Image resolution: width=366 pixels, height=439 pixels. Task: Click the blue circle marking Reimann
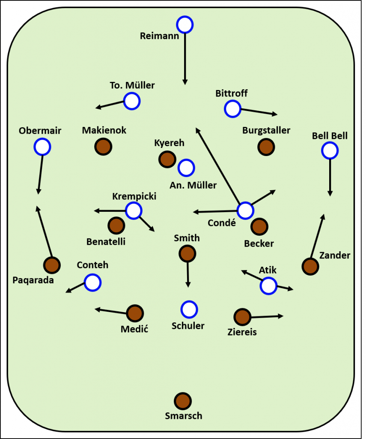[185, 24]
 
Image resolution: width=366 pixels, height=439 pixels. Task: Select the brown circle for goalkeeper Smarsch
[183, 401]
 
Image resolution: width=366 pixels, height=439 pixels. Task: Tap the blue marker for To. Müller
[132, 102]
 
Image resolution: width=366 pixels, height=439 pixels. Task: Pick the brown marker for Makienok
[103, 147]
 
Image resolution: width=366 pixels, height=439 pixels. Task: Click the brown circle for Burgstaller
[266, 147]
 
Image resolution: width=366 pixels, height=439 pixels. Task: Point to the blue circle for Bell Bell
[330, 150]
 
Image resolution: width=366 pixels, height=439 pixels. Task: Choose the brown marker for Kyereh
[167, 159]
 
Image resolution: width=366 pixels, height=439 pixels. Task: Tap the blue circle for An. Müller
[186, 168]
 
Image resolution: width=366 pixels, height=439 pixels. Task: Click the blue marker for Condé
[245, 210]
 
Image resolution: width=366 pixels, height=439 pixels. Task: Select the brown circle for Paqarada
[52, 265]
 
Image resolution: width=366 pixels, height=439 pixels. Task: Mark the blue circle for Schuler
[189, 309]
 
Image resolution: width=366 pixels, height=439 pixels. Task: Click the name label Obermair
[40, 131]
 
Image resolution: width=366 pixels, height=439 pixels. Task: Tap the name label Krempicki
[134, 196]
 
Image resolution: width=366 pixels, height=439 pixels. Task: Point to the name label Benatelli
[106, 241]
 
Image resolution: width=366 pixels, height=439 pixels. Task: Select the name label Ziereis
[242, 331]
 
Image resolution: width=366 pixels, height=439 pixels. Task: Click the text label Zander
[335, 256]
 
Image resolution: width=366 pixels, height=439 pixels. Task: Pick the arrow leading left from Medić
[111, 310]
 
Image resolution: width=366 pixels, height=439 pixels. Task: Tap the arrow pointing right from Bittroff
[259, 111]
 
